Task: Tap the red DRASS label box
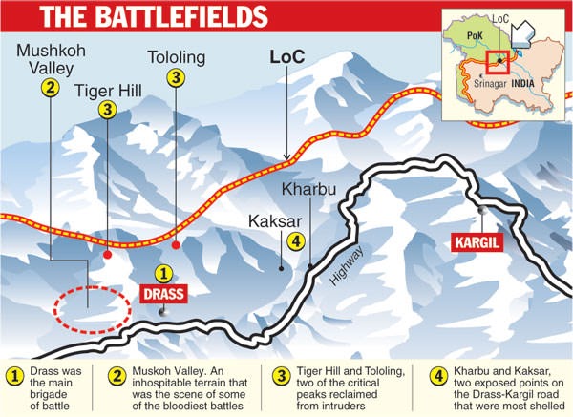coord(162,294)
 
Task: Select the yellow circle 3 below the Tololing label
coord(177,79)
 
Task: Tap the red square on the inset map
coord(498,62)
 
